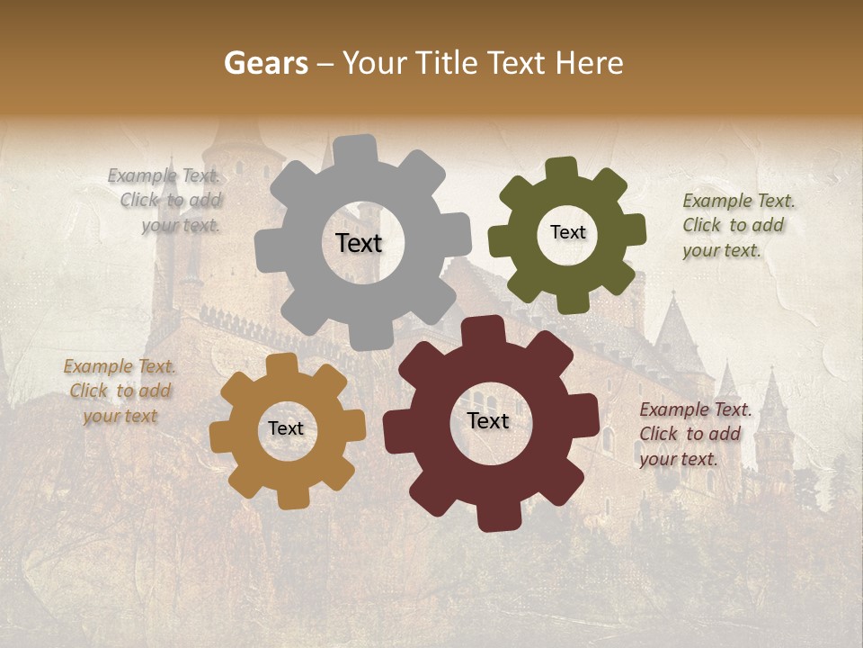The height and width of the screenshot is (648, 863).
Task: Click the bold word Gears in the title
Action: pos(265,63)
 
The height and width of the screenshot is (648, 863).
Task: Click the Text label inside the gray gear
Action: pos(359,243)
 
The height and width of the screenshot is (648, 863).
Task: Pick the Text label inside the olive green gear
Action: pos(567,232)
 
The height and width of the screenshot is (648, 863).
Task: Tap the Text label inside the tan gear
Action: pos(286,428)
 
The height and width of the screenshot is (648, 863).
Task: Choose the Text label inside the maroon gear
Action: pos(488,420)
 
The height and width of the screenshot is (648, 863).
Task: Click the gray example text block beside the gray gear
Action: pos(165,201)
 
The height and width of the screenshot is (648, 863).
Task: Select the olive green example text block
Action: pos(738,225)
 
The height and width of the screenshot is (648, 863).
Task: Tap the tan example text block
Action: pos(120,391)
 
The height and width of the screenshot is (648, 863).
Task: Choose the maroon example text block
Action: pos(695,434)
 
